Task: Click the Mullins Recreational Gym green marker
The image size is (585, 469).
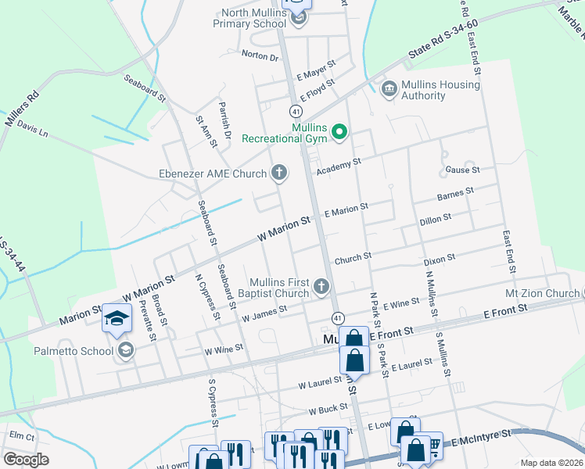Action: coord(339,132)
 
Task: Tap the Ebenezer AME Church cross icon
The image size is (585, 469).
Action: coord(279,173)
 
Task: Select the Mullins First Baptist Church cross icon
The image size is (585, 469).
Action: coord(321,288)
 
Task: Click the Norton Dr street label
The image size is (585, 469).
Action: coord(260,56)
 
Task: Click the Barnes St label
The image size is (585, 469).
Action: coord(455,192)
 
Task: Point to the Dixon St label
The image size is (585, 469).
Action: coord(439,257)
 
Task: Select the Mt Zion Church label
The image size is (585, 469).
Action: coord(542,294)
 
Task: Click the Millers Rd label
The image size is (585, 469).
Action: coord(22,109)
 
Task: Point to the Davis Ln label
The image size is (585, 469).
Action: coord(32,129)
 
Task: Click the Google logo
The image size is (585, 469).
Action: coord(26,460)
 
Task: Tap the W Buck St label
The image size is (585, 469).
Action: coord(327,410)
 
